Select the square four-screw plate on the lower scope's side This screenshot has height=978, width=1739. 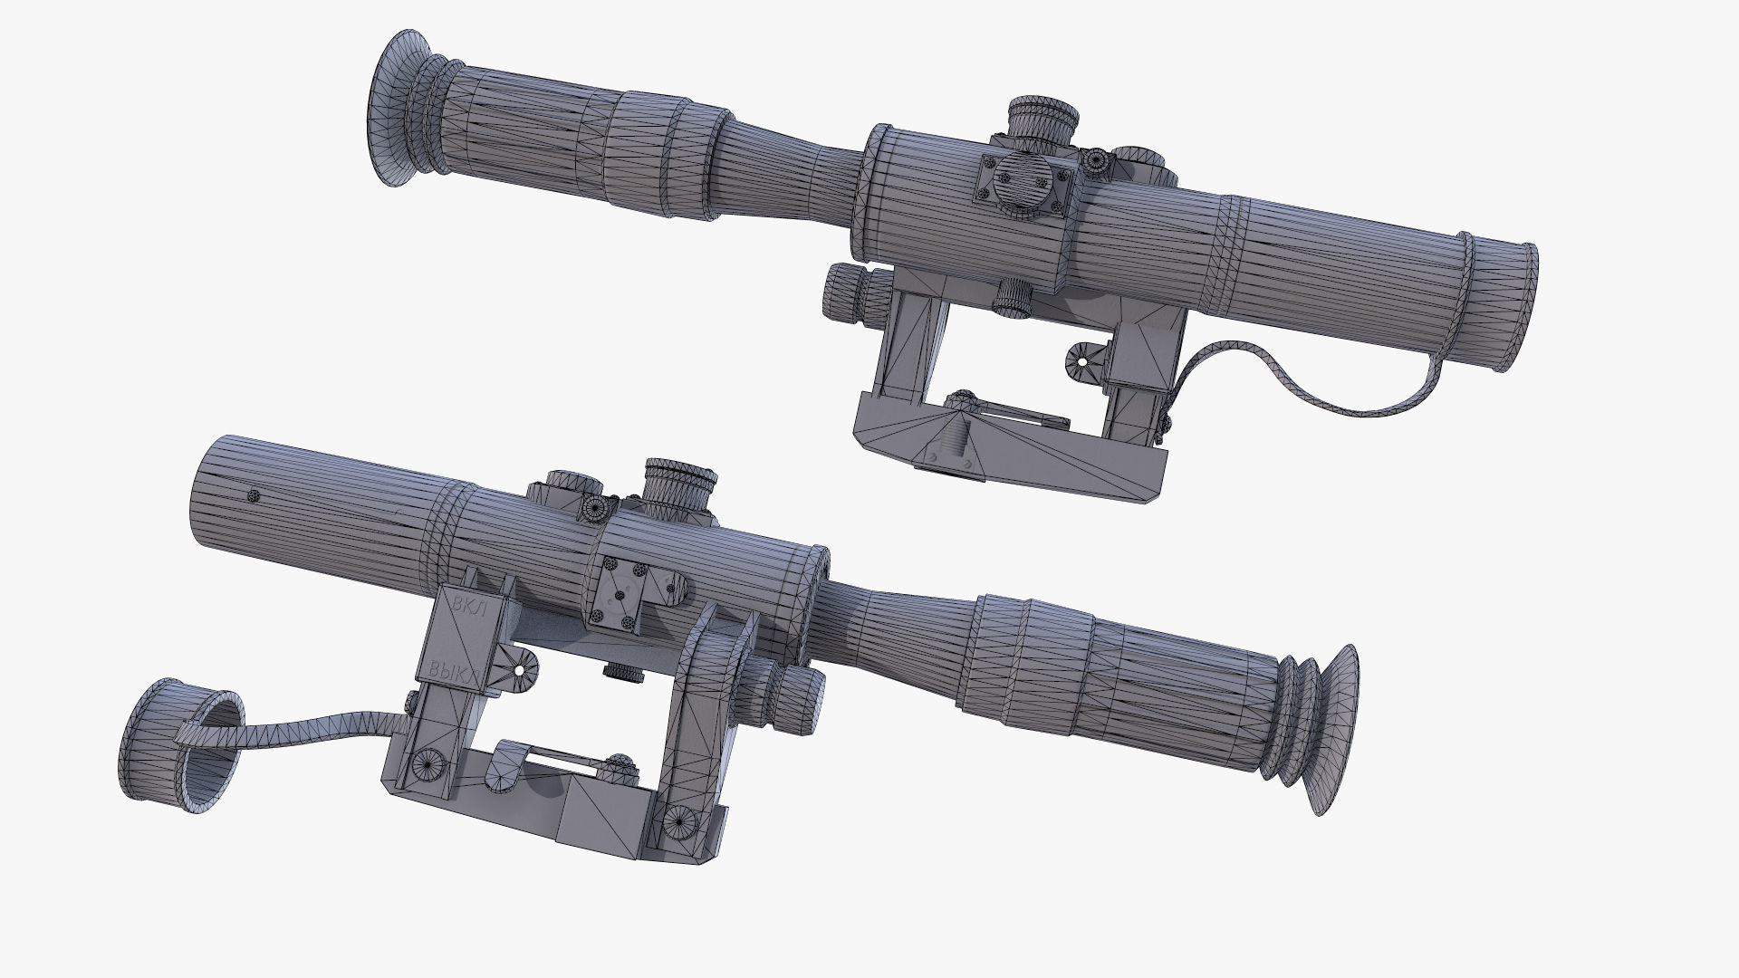(x=622, y=593)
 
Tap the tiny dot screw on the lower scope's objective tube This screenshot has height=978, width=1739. (x=254, y=495)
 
